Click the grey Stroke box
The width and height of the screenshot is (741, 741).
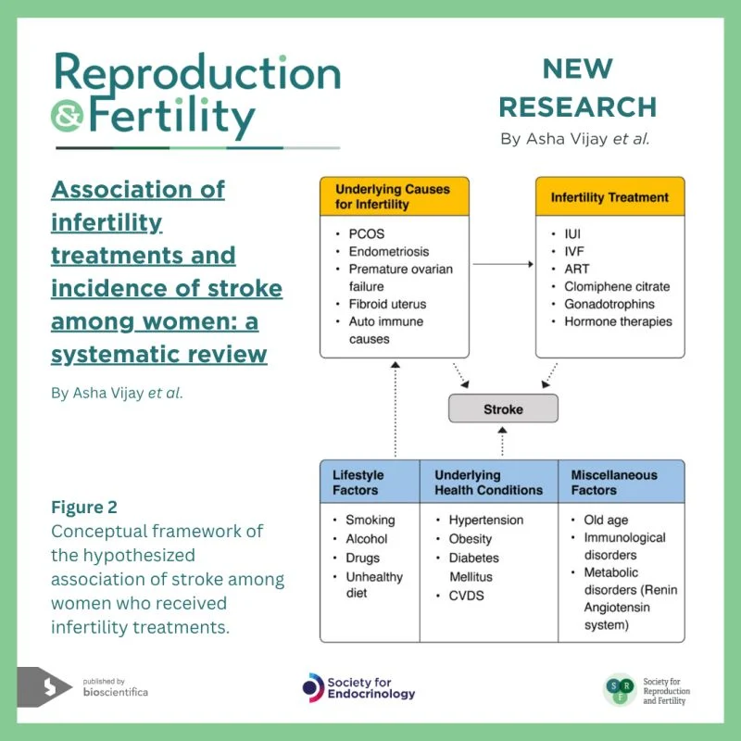[503, 408]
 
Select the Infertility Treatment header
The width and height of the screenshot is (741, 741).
[610, 196]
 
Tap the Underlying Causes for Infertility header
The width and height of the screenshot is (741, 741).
[394, 196]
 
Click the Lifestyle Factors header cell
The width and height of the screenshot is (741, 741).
[370, 482]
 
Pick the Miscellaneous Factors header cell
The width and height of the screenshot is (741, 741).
[621, 482]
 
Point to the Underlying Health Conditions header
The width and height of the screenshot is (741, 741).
[488, 482]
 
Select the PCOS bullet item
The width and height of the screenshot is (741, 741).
[366, 233]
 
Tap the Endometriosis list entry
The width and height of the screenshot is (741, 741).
[389, 251]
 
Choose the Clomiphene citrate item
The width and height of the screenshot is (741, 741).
[616, 286]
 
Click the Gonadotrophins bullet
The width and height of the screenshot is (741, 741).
[609, 304]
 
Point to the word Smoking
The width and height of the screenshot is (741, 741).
[370, 521]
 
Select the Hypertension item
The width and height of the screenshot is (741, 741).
[485, 521]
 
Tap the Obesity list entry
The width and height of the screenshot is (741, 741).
[471, 539]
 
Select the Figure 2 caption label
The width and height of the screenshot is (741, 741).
[84, 508]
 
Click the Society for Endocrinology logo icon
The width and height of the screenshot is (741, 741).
[313, 687]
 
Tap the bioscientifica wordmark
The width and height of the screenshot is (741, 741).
[115, 692]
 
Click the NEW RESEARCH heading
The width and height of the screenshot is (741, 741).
[577, 88]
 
